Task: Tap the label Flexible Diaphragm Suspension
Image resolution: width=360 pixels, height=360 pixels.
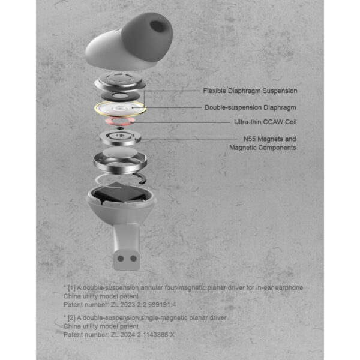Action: (x=250, y=91)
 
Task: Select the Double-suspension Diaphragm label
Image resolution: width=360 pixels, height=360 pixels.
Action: (x=250, y=107)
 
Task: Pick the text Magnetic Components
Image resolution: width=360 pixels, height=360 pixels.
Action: (x=262, y=148)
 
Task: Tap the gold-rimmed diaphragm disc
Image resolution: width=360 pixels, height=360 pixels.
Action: (x=121, y=109)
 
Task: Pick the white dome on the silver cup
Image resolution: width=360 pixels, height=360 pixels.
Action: (x=121, y=157)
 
